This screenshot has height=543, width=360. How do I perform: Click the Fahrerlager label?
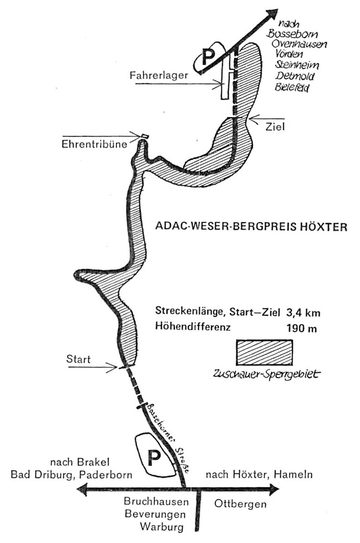[x=159, y=75]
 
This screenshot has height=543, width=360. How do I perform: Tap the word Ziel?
[x=275, y=127]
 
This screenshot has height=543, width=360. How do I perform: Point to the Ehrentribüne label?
[x=94, y=144]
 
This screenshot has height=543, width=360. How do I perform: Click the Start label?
[x=78, y=359]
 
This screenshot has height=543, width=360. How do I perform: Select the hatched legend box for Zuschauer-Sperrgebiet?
[x=264, y=352]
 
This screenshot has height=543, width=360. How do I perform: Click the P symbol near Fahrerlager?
[x=208, y=56]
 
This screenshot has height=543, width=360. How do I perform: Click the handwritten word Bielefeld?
[x=292, y=87]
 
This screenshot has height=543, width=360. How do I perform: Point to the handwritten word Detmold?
[x=294, y=76]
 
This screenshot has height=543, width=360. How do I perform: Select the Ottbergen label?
[x=240, y=505]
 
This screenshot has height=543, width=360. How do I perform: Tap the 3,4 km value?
[x=303, y=313]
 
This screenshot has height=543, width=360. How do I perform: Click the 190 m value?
[x=302, y=329]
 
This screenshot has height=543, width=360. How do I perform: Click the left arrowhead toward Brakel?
[x=82, y=490]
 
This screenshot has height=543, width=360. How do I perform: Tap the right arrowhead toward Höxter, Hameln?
[x=273, y=490]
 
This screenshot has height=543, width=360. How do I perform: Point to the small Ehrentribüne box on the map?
[x=145, y=136]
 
